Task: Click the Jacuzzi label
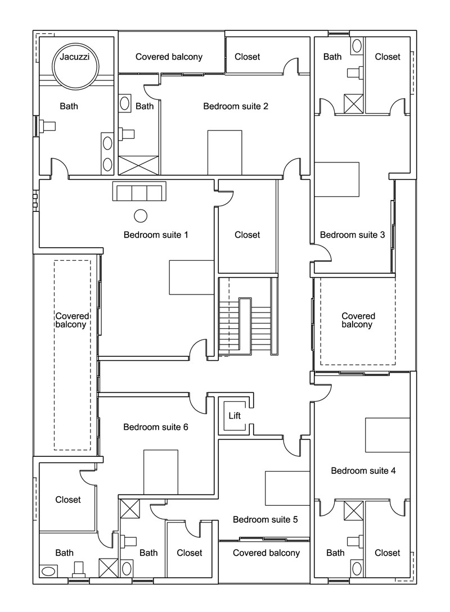click(x=75, y=57)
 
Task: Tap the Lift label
click(x=235, y=416)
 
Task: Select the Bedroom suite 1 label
click(x=156, y=234)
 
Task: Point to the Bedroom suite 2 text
click(x=236, y=106)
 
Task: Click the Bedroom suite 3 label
click(x=352, y=235)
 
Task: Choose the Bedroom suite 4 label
click(x=363, y=470)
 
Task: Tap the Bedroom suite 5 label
click(x=265, y=519)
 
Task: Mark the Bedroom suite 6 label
click(x=156, y=427)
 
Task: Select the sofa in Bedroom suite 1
click(x=139, y=192)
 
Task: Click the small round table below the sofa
click(x=140, y=215)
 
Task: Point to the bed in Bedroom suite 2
click(x=225, y=152)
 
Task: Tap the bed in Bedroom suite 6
click(x=161, y=472)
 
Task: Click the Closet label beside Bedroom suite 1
click(x=247, y=234)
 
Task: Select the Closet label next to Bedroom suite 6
click(x=68, y=500)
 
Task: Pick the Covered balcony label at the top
click(x=169, y=57)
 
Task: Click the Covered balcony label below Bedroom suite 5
click(x=266, y=553)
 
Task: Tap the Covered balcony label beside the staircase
click(x=358, y=320)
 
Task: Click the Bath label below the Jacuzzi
click(x=69, y=106)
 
